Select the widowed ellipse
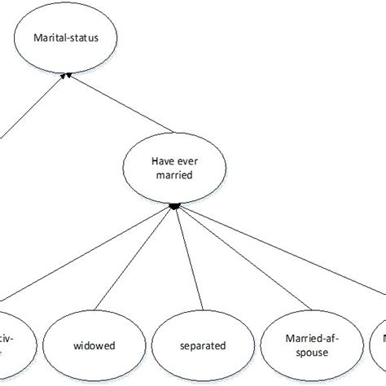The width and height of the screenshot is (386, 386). (91, 345)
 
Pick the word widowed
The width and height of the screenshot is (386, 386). (91, 345)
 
